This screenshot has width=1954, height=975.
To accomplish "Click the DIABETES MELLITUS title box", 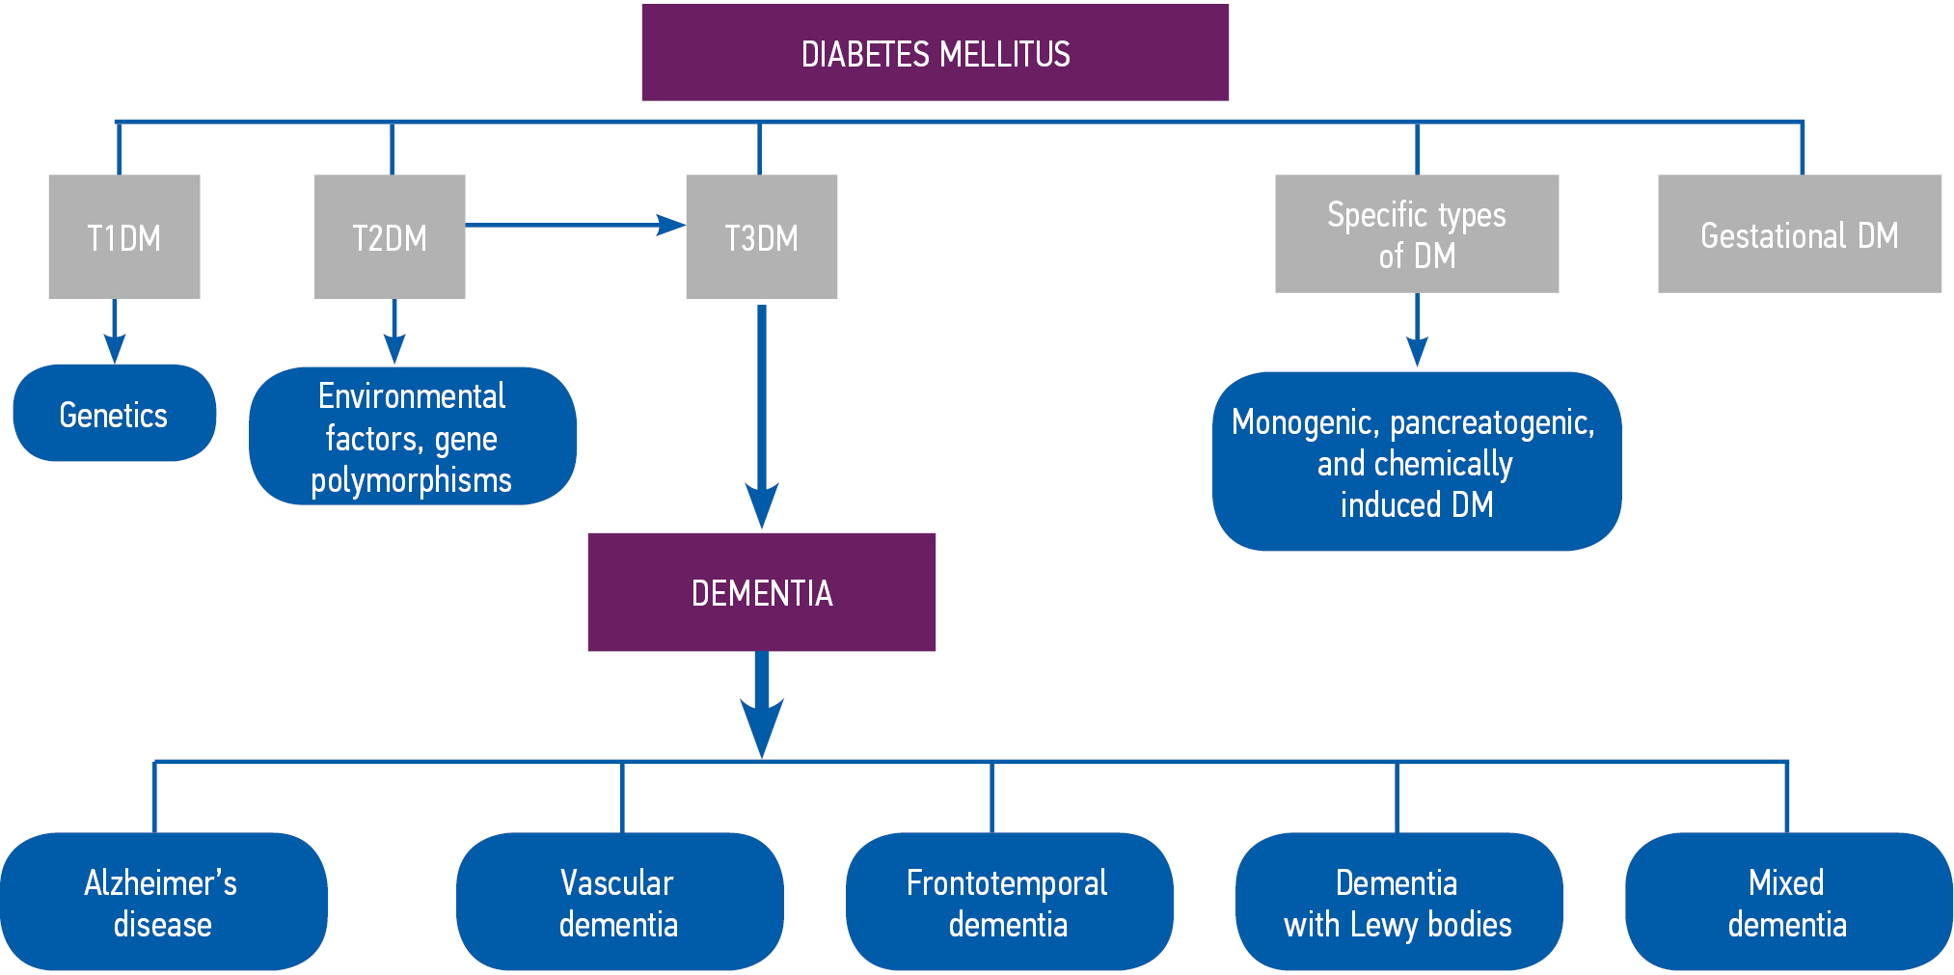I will click(935, 53).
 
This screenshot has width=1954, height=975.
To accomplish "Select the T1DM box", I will click(124, 236).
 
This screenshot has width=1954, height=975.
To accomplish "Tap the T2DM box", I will click(390, 236).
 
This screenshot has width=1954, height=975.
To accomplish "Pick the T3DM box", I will click(761, 236).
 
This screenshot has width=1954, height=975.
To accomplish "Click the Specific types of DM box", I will click(1416, 233).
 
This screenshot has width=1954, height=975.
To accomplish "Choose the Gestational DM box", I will click(1799, 233).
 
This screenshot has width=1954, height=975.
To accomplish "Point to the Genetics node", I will click(114, 413).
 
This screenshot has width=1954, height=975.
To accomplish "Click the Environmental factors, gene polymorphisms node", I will click(412, 436).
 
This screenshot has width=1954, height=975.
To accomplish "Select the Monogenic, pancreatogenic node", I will click(1416, 461).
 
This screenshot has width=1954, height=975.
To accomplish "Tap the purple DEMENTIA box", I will click(761, 592).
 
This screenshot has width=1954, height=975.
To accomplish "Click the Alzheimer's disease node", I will click(162, 902).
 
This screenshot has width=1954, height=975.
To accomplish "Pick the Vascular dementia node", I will click(619, 902).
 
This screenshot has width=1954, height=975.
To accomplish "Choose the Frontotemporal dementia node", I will click(1009, 902).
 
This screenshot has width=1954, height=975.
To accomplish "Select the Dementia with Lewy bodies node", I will click(1398, 902).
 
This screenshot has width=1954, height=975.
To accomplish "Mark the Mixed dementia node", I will click(1788, 902).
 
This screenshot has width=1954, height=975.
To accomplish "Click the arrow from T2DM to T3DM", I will click(574, 225).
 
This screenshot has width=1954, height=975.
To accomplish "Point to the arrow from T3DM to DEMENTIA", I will click(761, 415).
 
